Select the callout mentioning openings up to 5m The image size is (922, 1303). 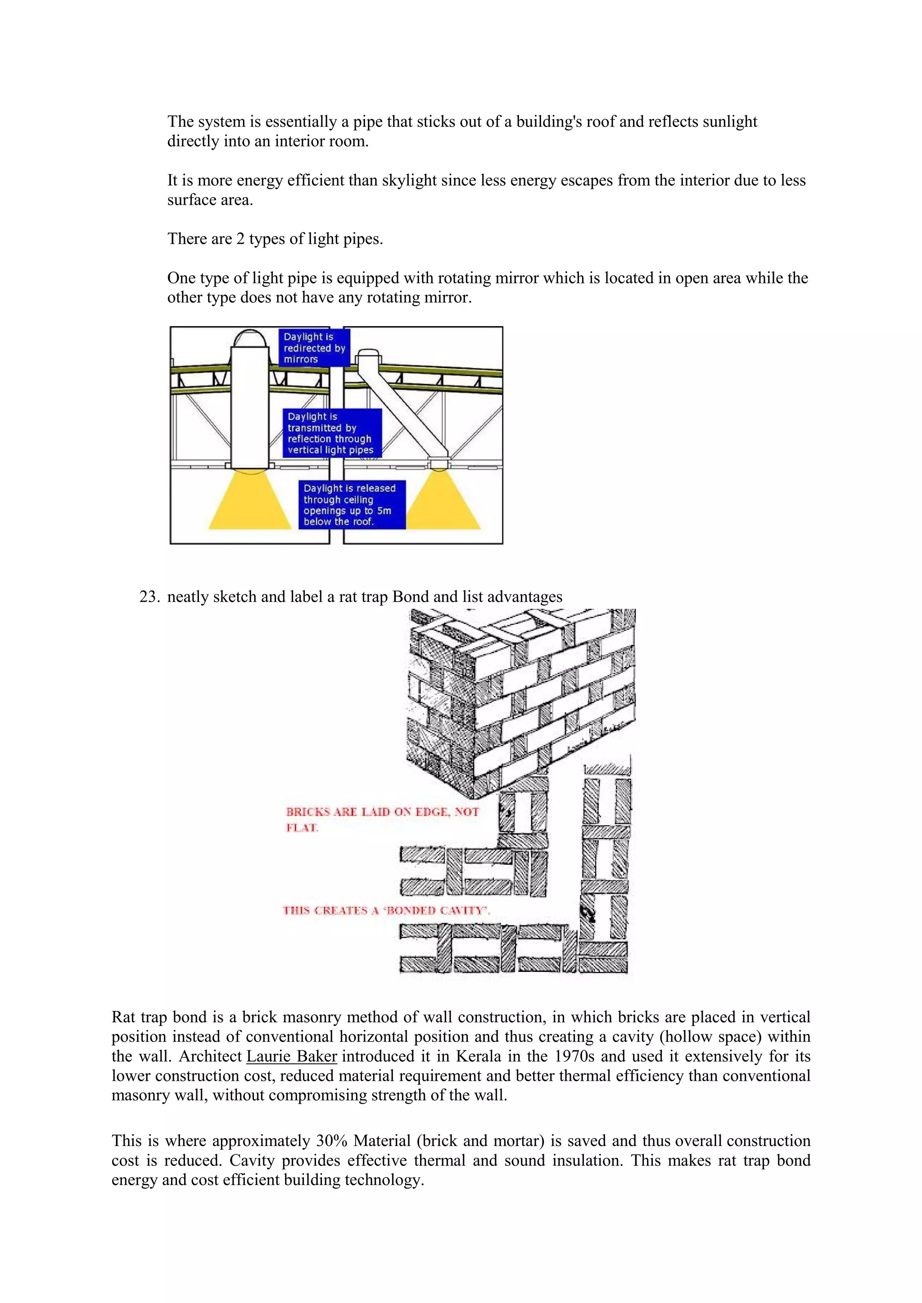click(x=352, y=504)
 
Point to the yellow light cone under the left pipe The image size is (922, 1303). click(x=250, y=502)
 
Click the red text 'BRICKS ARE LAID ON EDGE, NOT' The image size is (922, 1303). click(x=382, y=812)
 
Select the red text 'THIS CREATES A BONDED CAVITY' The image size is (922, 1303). click(x=386, y=911)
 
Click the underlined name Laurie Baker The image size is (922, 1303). click(x=291, y=1056)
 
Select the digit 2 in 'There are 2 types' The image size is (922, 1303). click(x=240, y=239)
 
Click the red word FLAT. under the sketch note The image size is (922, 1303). click(x=302, y=828)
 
